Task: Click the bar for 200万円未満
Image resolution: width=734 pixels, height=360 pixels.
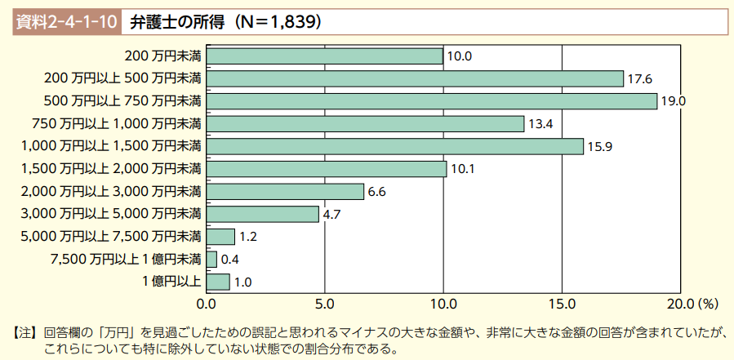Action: point(324,56)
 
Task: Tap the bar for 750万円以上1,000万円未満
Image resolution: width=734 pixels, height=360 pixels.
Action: point(365,124)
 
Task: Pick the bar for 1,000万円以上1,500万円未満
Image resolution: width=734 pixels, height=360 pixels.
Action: point(395,147)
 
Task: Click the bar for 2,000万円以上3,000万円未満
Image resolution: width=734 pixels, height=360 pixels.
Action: point(285,192)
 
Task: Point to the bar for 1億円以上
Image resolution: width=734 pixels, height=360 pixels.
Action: point(218,282)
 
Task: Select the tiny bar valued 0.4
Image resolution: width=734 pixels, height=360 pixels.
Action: point(211,260)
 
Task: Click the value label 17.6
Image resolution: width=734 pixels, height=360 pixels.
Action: point(639,79)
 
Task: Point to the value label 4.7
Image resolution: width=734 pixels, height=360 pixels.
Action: point(331,215)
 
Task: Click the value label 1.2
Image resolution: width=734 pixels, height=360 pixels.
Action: point(248,238)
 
